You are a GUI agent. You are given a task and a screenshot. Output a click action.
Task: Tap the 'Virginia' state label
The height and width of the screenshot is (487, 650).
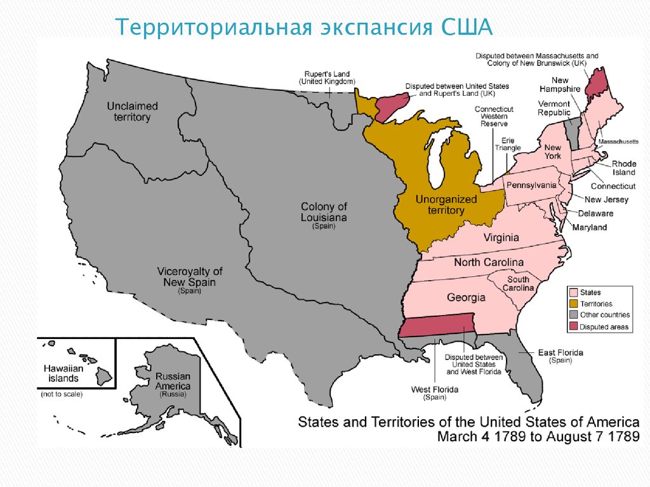point(501,238)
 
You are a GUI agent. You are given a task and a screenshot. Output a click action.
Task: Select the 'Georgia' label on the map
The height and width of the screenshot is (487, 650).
point(466,297)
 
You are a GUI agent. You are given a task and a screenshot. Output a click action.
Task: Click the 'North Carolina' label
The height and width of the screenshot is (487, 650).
point(488,262)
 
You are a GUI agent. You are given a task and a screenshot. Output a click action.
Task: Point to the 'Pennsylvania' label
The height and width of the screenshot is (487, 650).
point(531,185)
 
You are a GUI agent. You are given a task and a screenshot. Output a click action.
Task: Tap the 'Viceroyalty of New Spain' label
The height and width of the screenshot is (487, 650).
point(190,277)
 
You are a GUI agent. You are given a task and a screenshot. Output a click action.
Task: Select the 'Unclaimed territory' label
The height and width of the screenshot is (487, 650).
point(133,112)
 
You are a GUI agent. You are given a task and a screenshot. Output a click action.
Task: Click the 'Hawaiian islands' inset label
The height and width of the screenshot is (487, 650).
point(61,373)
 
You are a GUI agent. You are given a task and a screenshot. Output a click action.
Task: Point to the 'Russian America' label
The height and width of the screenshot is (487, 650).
point(172,381)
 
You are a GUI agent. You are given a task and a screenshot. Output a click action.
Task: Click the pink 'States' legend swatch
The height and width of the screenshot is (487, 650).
point(573,293)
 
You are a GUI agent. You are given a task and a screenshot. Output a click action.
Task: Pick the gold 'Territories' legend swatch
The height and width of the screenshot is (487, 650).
point(573,304)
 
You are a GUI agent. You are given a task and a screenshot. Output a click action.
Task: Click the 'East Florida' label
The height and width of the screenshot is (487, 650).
point(560,352)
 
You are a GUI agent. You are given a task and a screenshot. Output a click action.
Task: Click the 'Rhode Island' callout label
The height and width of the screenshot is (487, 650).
point(623,168)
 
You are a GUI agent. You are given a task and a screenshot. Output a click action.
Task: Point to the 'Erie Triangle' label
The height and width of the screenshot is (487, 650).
point(508,144)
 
